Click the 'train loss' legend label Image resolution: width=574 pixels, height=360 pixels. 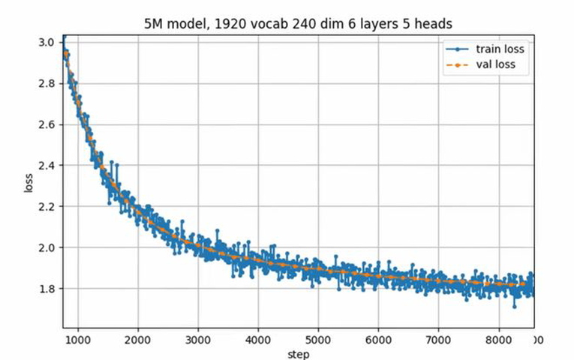pyautogui.click(x=499, y=49)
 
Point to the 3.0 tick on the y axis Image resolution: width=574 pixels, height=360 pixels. pyautogui.click(x=47, y=43)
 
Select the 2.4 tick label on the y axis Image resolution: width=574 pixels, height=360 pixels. pyautogui.click(x=47, y=166)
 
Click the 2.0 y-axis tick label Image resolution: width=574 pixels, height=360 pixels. pyautogui.click(x=47, y=247)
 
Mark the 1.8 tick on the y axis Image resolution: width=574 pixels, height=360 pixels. pyautogui.click(x=47, y=289)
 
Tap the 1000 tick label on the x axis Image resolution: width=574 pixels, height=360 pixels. pyautogui.click(x=77, y=340)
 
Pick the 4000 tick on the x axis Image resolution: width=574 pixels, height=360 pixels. pyautogui.click(x=258, y=340)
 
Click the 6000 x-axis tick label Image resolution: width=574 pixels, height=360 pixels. pyautogui.click(x=378, y=340)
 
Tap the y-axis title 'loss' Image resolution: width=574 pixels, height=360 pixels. pyautogui.click(x=29, y=183)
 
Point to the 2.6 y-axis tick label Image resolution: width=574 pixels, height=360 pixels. pyautogui.click(x=47, y=124)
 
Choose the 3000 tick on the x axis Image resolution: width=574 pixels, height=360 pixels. pyautogui.click(x=198, y=340)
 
